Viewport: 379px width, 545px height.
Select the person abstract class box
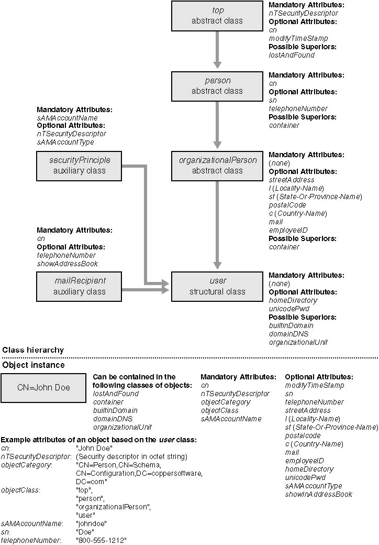217,85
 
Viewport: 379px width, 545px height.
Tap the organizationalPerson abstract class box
217,165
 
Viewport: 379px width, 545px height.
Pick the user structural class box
217,286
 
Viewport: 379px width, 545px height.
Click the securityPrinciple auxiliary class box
79,165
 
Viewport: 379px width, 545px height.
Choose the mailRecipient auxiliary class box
79,286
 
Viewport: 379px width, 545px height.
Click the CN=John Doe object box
43,388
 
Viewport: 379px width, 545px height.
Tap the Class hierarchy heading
33,350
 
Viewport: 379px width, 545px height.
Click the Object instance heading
34,365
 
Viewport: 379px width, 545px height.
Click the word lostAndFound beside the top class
292,55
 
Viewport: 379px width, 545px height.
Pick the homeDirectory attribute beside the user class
293,300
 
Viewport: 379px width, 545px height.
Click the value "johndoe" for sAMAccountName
92,523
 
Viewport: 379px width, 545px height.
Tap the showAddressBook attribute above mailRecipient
67,264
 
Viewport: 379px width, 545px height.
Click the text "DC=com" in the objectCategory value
92,481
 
